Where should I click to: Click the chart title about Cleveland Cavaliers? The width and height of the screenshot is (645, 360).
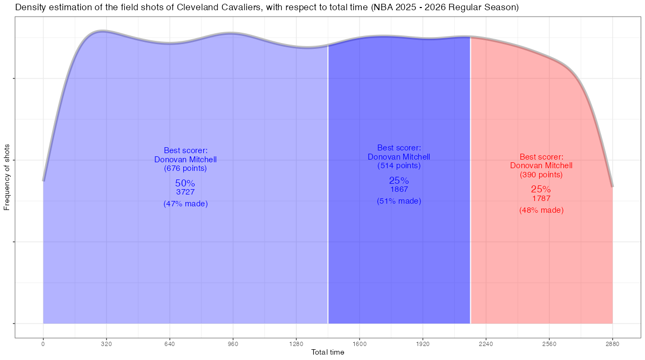click(267, 8)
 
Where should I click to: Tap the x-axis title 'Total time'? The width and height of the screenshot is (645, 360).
click(328, 352)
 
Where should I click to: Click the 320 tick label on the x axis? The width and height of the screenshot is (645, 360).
click(106, 343)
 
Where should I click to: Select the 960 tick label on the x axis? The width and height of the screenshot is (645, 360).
click(233, 343)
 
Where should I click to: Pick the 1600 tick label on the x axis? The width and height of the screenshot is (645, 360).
click(360, 343)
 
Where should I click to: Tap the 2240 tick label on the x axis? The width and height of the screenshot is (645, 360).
click(486, 343)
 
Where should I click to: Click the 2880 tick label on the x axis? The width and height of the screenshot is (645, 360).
click(612, 343)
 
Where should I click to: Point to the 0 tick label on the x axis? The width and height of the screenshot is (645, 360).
click(43, 343)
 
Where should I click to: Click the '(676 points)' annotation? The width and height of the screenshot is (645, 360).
click(185, 168)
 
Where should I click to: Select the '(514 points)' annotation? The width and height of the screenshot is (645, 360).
click(399, 165)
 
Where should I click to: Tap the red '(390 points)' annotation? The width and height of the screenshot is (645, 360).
click(541, 175)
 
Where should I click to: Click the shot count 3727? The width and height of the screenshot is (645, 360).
click(185, 192)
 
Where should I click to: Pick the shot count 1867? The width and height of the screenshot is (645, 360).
click(399, 189)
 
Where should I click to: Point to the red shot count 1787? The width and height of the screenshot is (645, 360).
click(541, 198)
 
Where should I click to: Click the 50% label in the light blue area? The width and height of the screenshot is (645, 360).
click(185, 183)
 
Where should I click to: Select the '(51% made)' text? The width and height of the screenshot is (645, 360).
click(399, 201)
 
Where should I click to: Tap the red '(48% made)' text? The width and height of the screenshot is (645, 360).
click(541, 210)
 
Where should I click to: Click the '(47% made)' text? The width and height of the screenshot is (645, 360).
click(185, 204)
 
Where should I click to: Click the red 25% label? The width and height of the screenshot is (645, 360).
click(541, 189)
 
